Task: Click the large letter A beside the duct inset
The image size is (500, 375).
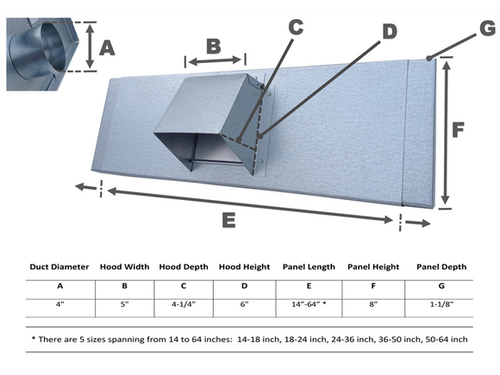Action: (107, 49)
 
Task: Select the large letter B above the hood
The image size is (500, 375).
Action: (214, 47)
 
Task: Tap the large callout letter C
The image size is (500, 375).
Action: (296, 27)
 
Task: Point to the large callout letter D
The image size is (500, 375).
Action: (390, 32)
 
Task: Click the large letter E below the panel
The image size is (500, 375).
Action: (228, 220)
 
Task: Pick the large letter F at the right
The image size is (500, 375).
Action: (458, 130)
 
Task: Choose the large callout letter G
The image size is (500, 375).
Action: (488, 28)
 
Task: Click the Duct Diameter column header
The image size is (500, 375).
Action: (59, 267)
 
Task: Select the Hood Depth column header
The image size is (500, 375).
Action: (184, 267)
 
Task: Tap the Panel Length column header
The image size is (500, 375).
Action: (309, 267)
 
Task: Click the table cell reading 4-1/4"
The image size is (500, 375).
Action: (184, 304)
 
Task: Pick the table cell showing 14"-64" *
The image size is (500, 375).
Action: (309, 304)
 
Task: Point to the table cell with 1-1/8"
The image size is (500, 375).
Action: (441, 304)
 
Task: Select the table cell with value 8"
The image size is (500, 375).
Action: (373, 304)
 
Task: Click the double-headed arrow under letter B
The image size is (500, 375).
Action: (215, 60)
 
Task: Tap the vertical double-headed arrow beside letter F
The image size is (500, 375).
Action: (446, 133)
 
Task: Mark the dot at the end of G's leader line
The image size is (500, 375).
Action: (429, 59)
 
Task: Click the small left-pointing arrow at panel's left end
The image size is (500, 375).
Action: (85, 187)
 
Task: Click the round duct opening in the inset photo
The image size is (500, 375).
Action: (53, 47)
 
